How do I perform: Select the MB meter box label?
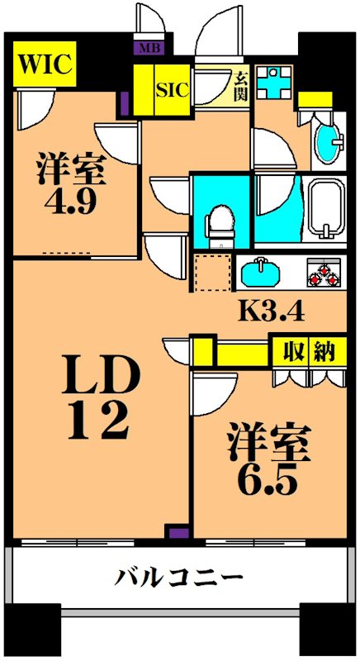[150, 48]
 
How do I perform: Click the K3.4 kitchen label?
[272, 312]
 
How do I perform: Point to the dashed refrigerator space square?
[214, 273]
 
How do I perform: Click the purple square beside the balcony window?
[174, 534]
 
